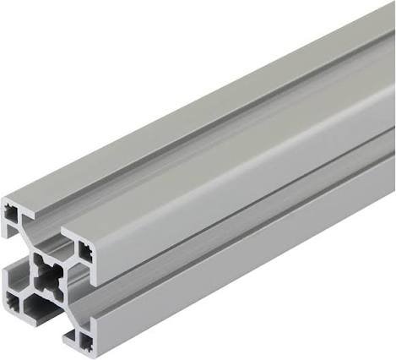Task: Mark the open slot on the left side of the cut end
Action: (x=12, y=258)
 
